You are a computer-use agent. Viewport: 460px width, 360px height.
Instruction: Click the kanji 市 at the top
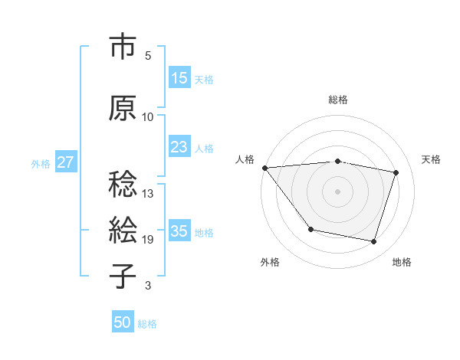click(x=123, y=47)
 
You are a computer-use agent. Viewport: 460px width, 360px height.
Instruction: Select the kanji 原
click(x=123, y=109)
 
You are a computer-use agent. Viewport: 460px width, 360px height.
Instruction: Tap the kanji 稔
click(x=123, y=185)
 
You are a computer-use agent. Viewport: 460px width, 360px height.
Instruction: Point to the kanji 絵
click(x=123, y=230)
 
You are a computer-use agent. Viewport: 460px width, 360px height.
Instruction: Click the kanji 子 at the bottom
click(x=123, y=275)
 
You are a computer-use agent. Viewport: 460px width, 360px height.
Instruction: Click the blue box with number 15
click(x=179, y=78)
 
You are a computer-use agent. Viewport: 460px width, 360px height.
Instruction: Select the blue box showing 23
click(x=179, y=147)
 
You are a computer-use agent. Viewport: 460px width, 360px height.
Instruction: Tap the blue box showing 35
click(x=179, y=231)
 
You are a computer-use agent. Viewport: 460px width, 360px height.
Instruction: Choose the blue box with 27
click(x=65, y=162)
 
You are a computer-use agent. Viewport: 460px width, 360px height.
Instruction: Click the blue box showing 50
click(x=123, y=322)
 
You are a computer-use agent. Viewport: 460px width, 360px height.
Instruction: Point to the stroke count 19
click(x=148, y=240)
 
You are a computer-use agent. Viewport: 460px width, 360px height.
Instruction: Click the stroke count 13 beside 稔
click(x=148, y=193)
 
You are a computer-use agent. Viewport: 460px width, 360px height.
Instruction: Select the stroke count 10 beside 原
click(x=148, y=116)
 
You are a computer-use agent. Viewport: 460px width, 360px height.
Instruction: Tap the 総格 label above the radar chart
click(x=338, y=100)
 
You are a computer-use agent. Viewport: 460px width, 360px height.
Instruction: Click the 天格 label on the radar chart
click(x=431, y=159)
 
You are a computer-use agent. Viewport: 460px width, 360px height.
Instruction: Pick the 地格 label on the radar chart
click(x=402, y=262)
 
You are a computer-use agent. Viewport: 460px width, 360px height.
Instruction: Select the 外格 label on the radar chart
click(x=270, y=262)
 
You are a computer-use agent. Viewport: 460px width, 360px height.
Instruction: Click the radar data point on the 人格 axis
click(x=264, y=168)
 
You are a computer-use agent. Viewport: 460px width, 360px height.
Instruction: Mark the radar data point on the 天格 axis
click(x=396, y=173)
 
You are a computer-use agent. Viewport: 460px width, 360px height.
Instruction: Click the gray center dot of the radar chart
click(x=338, y=191)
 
